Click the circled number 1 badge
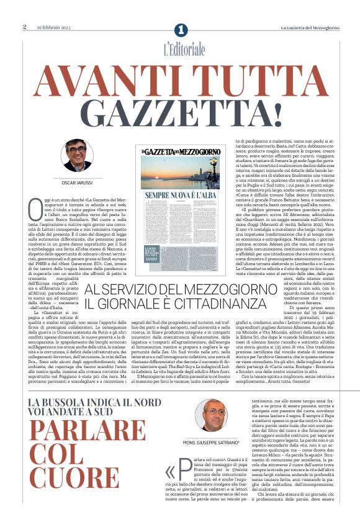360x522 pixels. (181, 30)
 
